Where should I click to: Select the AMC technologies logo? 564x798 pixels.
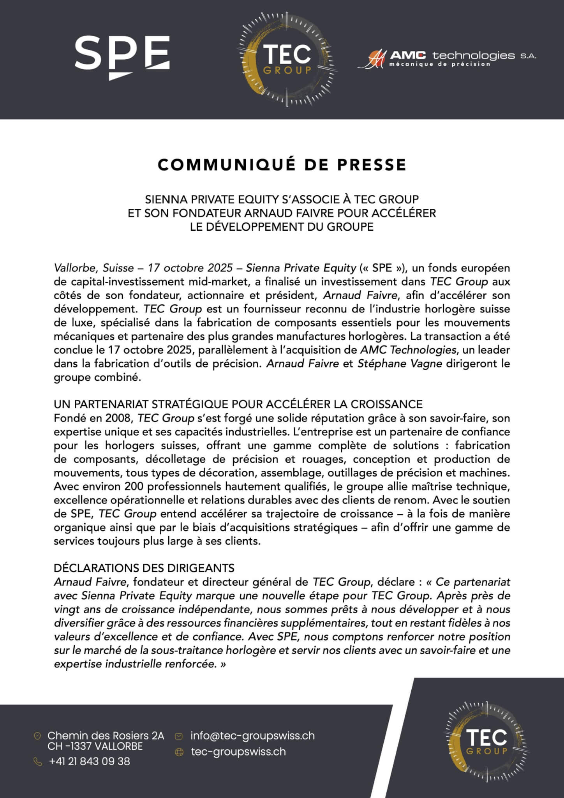coord(446,58)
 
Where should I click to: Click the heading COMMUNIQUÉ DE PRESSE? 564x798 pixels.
coord(282,164)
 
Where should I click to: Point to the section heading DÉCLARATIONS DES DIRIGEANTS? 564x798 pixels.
coord(144,567)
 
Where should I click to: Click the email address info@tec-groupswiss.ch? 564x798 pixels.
coord(252,736)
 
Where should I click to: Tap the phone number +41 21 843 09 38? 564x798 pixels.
coord(90,761)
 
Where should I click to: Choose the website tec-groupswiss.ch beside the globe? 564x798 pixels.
coord(238,752)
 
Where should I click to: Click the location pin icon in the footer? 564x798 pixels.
coord(38,736)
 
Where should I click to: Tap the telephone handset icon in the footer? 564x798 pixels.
coord(38,762)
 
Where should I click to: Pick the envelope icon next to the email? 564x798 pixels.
coord(179,736)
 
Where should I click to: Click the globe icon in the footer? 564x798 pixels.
coord(179,752)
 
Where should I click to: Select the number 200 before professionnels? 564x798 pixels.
coord(134,486)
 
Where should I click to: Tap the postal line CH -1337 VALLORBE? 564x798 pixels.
coord(95,746)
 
